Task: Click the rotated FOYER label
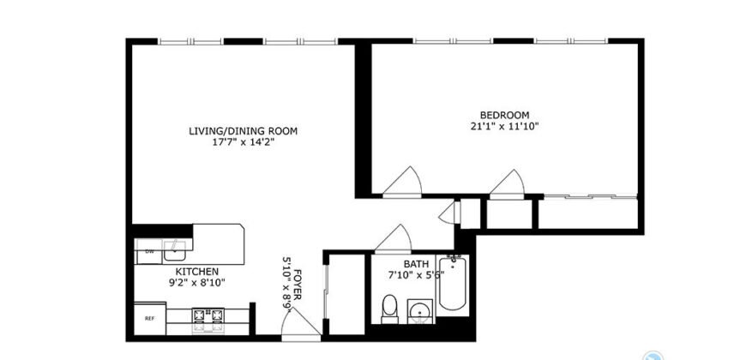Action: click(297, 283)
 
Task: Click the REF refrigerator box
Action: click(149, 318)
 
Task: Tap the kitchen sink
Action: click(177, 250)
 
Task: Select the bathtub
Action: click(453, 287)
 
